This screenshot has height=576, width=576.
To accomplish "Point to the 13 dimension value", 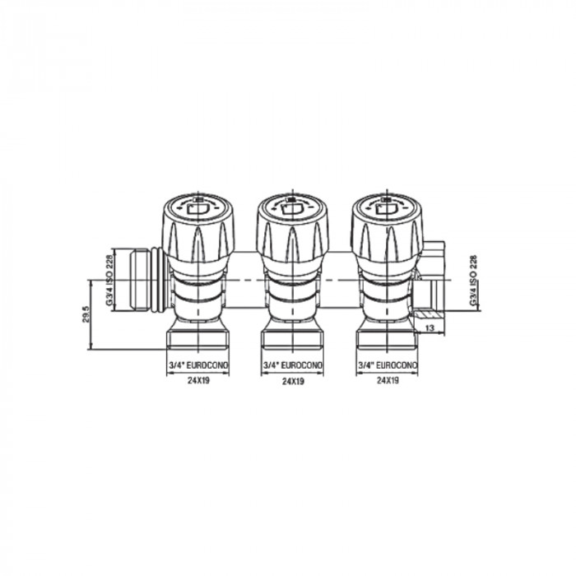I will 429,328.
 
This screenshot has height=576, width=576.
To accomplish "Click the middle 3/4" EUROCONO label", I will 290,365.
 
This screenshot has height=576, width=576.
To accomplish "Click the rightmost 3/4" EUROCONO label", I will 386,365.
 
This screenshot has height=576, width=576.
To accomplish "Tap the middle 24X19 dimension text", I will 290,382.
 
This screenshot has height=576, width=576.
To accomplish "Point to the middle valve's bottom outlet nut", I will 290,338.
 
